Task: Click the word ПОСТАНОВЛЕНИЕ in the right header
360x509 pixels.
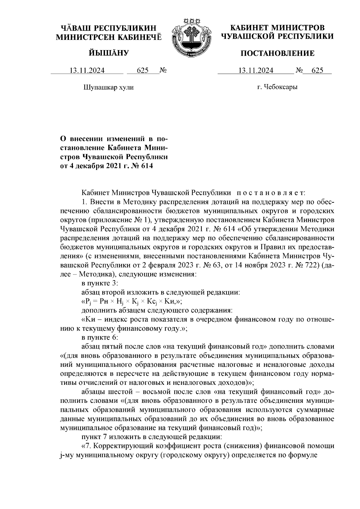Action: click(x=277, y=54)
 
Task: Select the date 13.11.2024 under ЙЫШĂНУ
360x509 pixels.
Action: click(x=87, y=71)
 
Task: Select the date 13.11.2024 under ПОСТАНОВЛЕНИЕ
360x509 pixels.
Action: click(x=256, y=71)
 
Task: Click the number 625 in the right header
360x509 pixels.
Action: click(x=317, y=71)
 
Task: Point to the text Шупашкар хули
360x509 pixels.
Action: click(x=108, y=88)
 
